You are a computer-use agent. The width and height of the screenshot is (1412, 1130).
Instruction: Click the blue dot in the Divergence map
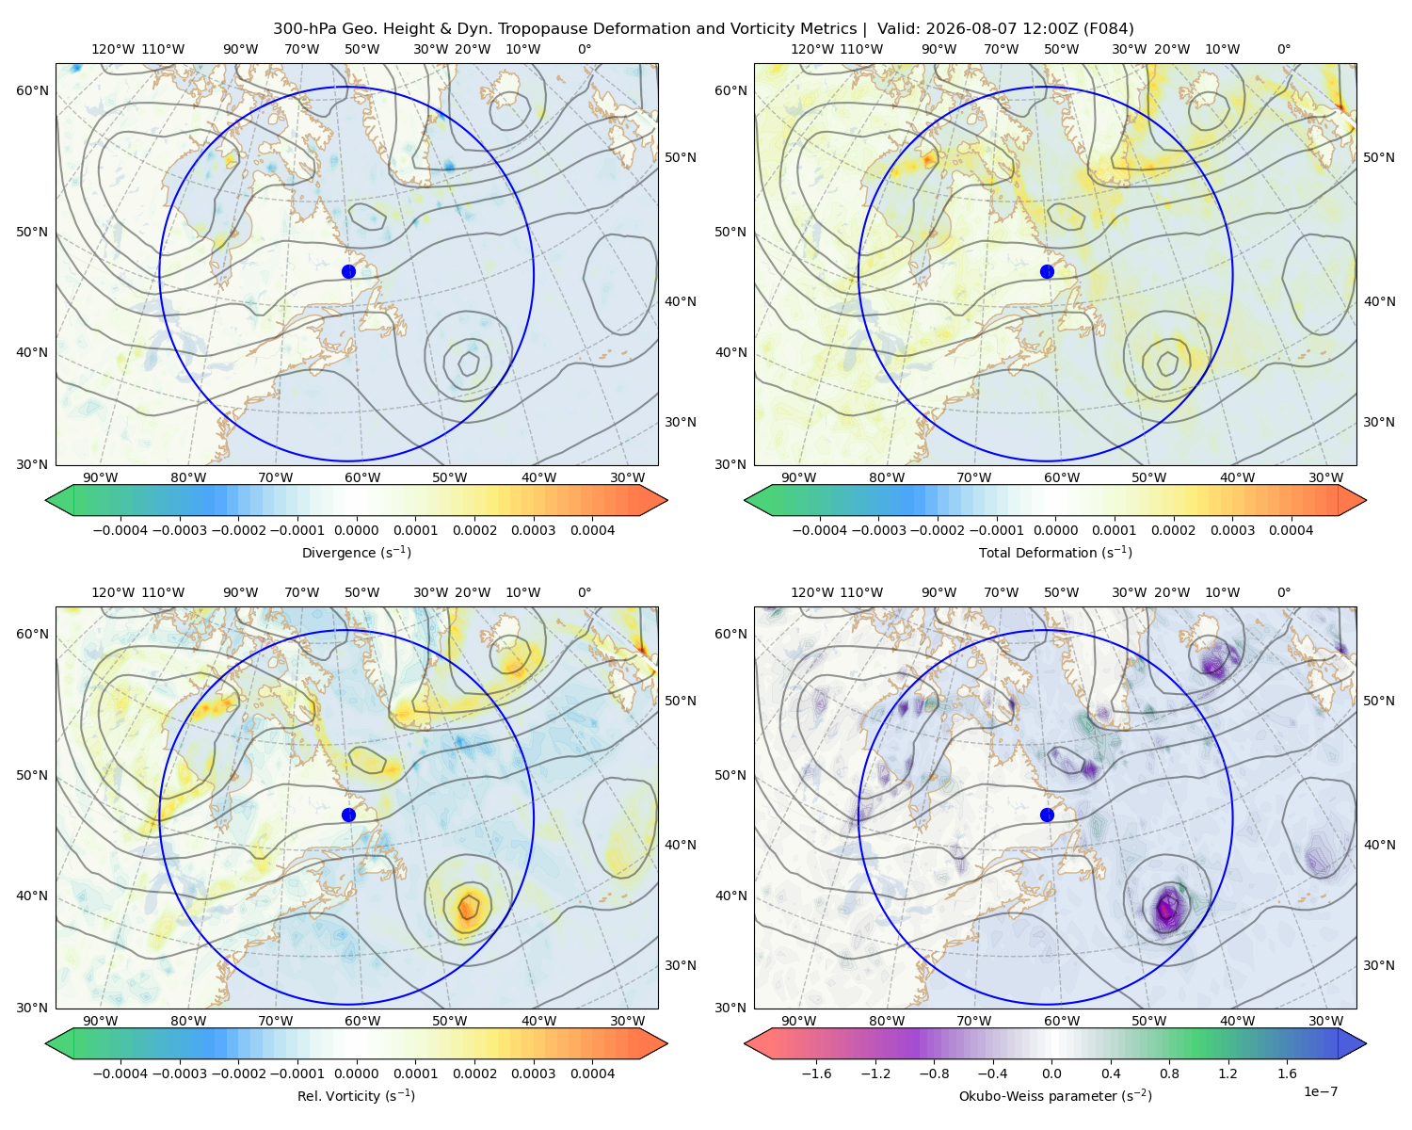click(348, 271)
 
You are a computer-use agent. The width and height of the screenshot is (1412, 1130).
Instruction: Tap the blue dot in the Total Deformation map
click(1047, 271)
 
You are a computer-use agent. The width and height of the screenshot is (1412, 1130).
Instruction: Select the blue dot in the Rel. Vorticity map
click(348, 815)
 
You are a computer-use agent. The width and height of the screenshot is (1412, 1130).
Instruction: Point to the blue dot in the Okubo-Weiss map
click(1047, 815)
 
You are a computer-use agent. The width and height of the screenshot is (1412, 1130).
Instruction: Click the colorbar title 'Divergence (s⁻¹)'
click(356, 552)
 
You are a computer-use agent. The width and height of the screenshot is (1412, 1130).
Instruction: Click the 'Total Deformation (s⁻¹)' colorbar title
click(1055, 552)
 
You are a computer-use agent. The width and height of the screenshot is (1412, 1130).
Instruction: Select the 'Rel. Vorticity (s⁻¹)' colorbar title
click(356, 1095)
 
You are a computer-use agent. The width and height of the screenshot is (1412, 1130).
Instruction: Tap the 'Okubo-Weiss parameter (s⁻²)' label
click(1055, 1095)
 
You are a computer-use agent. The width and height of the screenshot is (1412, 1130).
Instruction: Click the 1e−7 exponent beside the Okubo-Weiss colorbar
click(1320, 1091)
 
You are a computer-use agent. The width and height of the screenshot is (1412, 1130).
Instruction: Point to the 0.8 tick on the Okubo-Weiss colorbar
click(1169, 1073)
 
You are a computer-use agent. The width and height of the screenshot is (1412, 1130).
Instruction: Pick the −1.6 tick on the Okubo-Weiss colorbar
click(816, 1073)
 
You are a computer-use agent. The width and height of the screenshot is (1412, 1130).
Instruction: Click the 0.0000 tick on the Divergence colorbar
click(356, 530)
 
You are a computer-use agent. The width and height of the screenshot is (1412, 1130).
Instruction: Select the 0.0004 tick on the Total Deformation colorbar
click(1291, 530)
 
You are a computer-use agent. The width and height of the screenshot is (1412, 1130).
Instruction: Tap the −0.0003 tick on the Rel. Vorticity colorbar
click(179, 1073)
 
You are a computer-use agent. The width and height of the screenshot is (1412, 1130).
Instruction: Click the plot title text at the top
click(703, 28)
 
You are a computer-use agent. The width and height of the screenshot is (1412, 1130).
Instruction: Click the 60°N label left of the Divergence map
click(32, 90)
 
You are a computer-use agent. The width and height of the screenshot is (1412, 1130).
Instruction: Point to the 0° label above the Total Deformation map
click(1283, 49)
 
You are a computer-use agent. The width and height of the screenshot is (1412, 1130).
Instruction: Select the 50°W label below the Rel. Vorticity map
click(449, 1021)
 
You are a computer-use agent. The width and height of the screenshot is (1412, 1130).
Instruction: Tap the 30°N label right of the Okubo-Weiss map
click(1378, 964)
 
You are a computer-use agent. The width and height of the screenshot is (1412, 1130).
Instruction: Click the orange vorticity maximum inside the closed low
click(467, 907)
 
